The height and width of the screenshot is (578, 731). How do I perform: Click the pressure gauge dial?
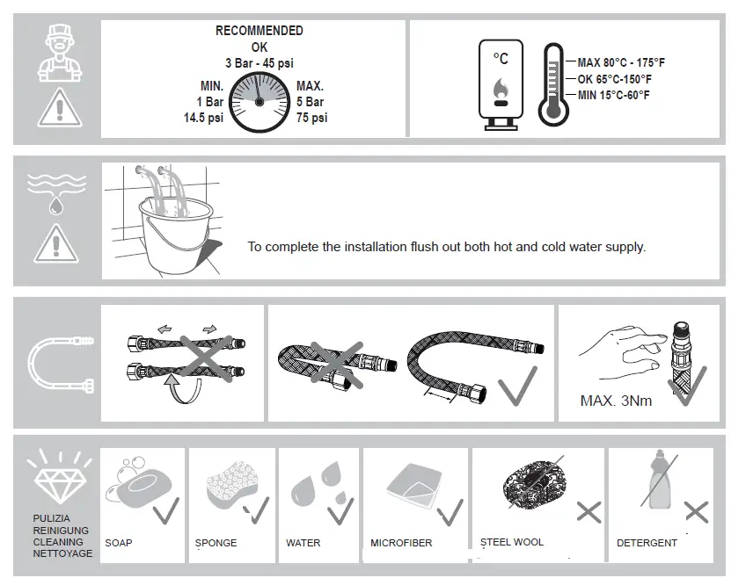259,102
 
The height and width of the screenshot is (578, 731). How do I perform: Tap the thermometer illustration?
553,83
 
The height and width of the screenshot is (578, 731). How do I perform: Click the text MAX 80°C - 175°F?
620,62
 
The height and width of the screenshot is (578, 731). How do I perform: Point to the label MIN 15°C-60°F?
613,95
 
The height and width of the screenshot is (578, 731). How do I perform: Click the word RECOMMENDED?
259,31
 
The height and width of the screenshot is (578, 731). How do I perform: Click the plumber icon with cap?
55,54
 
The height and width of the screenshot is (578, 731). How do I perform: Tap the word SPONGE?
216,543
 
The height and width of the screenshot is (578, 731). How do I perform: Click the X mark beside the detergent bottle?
696,512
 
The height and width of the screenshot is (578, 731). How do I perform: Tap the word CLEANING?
58,542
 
